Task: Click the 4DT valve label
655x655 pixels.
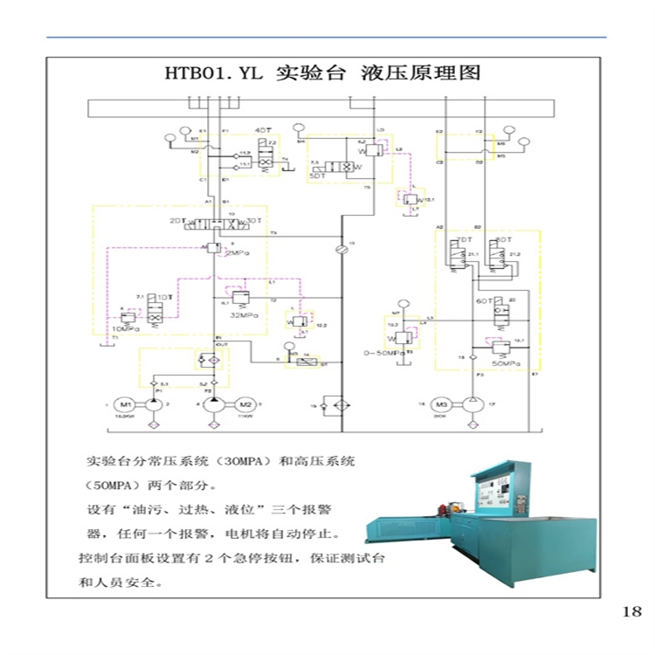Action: click(263, 130)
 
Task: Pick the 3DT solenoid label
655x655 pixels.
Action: click(254, 221)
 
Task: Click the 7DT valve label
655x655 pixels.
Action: click(465, 239)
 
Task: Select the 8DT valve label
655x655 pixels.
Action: click(502, 239)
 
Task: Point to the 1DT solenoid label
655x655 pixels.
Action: click(164, 298)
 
